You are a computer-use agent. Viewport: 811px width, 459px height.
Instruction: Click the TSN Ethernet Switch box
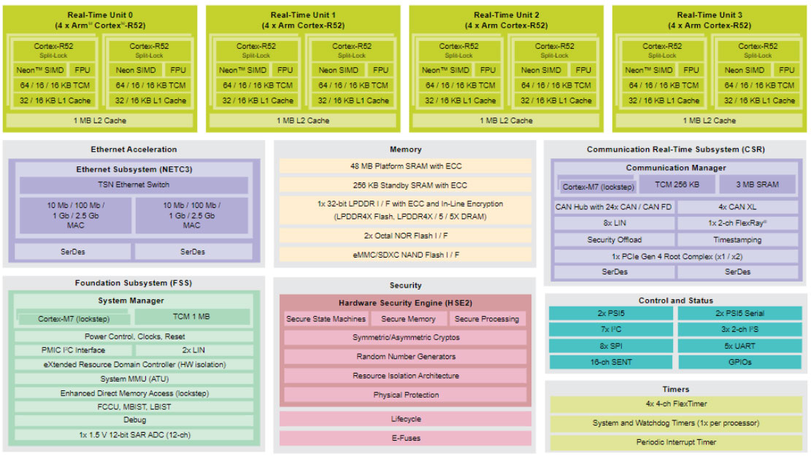[x=134, y=185]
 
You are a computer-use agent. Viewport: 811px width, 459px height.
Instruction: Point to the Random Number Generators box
[x=405, y=357]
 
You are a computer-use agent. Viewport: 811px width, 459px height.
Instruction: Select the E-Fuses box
[x=405, y=439]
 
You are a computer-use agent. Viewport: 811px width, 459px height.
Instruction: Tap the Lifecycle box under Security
[x=405, y=420]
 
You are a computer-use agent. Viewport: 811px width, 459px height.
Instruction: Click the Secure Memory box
[x=408, y=319]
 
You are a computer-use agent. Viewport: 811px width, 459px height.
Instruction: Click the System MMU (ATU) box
[x=134, y=379]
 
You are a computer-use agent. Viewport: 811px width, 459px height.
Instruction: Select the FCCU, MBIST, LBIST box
[x=134, y=406]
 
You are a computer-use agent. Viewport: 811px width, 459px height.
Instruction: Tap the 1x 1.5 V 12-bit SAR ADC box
[x=134, y=435]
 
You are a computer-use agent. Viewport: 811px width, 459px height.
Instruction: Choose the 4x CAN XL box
[x=737, y=207]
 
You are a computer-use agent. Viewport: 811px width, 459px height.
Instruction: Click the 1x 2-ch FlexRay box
[x=737, y=223]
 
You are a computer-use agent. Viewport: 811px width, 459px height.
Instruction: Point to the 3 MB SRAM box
[x=759, y=185]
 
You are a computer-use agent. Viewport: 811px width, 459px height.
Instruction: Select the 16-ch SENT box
[x=610, y=362]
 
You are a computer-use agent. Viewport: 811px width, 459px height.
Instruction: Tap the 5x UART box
[x=739, y=346]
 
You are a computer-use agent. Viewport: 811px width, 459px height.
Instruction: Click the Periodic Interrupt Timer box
[x=676, y=442]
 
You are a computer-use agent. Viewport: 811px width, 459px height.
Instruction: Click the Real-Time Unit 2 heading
[x=506, y=15]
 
